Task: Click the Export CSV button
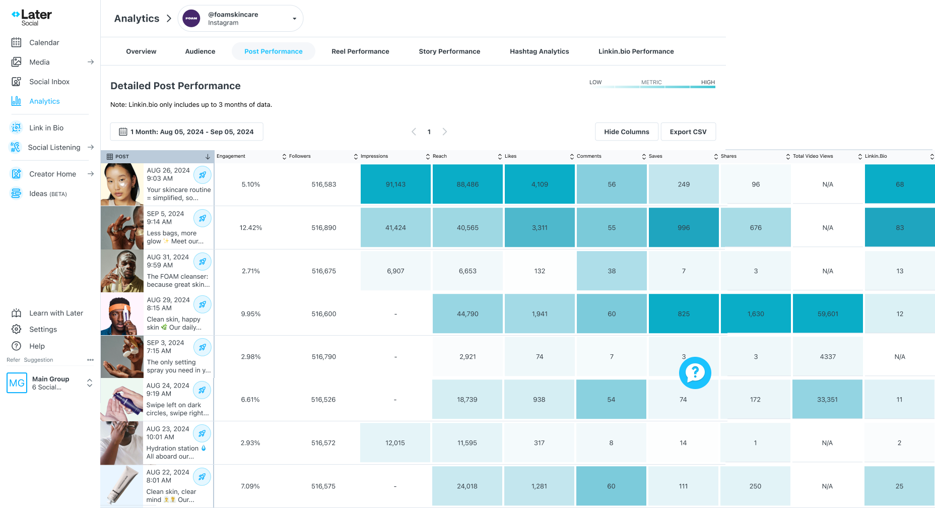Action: click(688, 132)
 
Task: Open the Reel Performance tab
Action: click(360, 51)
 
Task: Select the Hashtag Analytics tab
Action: click(539, 51)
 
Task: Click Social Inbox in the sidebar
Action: click(49, 82)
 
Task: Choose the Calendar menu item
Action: click(44, 43)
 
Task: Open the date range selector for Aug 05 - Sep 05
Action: click(186, 132)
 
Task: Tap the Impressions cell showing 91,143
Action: click(395, 184)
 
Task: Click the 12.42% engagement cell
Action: click(251, 228)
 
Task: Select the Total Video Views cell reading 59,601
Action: click(828, 314)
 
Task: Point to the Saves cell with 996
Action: click(684, 228)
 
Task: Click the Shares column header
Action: click(728, 156)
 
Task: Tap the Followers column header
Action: click(300, 156)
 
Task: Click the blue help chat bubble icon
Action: click(695, 373)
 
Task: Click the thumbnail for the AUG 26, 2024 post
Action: click(122, 184)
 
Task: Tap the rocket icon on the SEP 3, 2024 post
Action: click(203, 347)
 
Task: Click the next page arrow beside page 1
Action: click(445, 132)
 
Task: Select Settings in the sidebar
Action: click(43, 330)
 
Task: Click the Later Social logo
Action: click(32, 18)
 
